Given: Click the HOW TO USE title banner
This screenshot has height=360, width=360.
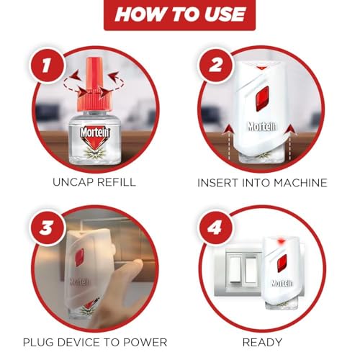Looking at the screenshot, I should [x=180, y=15].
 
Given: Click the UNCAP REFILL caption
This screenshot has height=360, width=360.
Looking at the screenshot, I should [x=94, y=182].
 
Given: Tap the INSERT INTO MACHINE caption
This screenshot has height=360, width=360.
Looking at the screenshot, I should [x=262, y=183].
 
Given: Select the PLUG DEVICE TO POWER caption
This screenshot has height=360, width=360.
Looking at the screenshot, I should [x=94, y=341].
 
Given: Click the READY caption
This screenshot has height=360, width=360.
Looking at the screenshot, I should [x=262, y=342].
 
